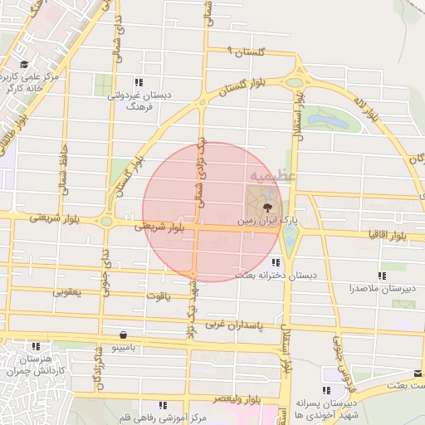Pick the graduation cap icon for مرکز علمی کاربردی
23,65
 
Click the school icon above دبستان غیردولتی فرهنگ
139,82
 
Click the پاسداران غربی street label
235,322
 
